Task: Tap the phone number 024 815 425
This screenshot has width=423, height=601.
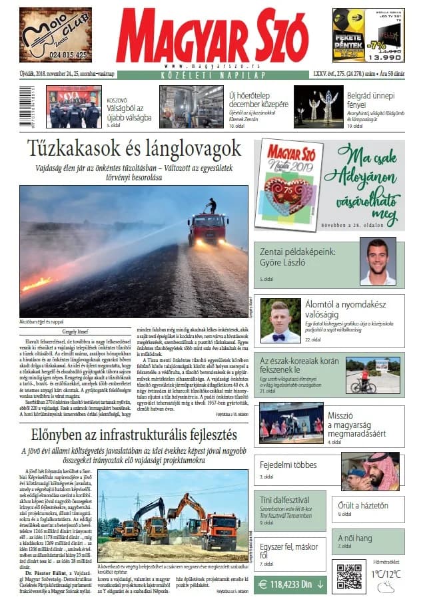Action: tap(56, 54)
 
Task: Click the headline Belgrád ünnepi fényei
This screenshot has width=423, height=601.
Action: tap(371, 100)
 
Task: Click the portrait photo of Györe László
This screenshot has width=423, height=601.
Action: tap(378, 262)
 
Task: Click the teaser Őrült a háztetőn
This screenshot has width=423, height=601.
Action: tap(363, 506)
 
